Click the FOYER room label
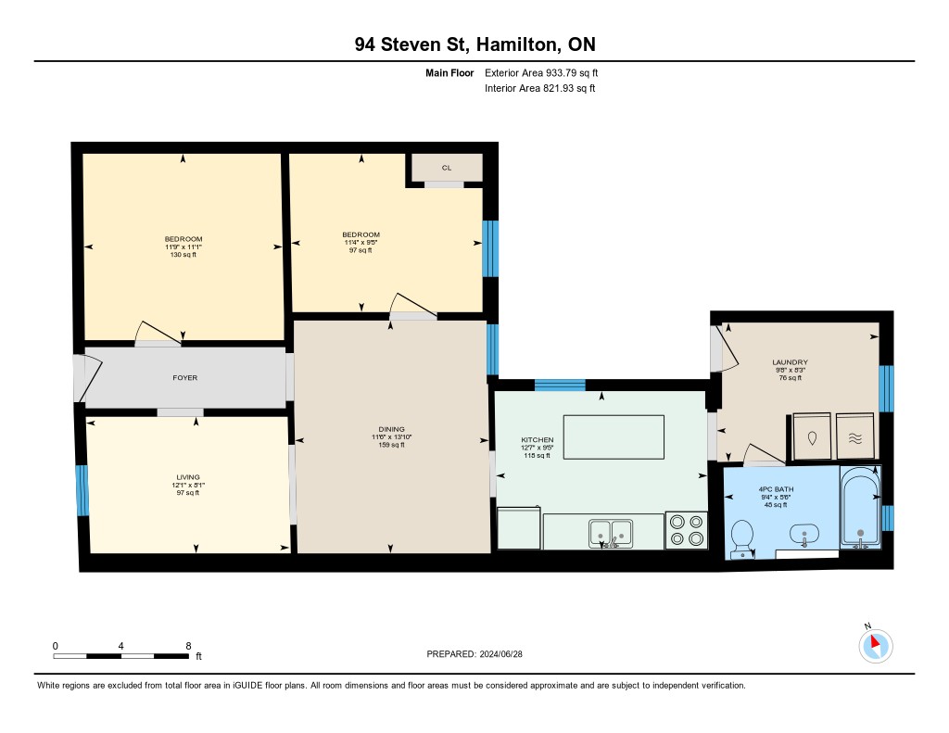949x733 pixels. point(185,378)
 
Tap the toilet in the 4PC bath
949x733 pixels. point(741,539)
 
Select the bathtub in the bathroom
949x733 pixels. point(860,508)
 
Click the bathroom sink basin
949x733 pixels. point(803,535)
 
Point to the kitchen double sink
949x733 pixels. point(611,533)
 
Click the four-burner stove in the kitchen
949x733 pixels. point(687,530)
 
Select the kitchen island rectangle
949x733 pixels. point(614,437)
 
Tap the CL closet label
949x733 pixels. point(447,168)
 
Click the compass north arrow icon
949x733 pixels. point(875,645)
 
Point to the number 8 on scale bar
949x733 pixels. point(189,646)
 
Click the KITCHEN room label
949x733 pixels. point(538,440)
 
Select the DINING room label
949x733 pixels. point(392,429)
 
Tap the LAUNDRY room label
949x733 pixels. point(790,362)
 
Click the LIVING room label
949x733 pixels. point(188,477)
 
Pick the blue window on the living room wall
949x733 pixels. point(82,490)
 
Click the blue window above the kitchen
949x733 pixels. point(560,385)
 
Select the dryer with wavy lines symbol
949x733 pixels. point(855,436)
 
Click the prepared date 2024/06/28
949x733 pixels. point(501,654)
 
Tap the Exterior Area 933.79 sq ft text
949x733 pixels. point(541,72)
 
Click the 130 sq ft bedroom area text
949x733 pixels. point(183,255)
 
